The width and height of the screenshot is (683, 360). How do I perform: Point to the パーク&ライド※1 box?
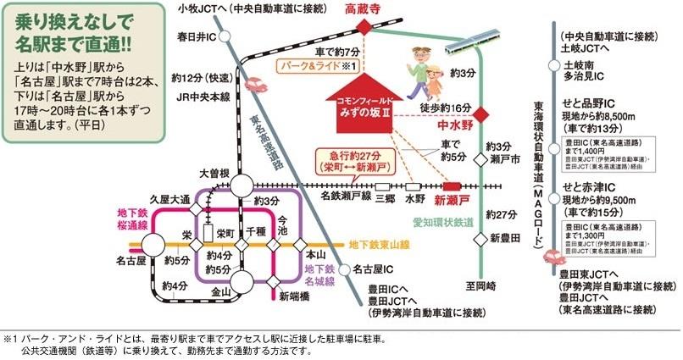(323, 64)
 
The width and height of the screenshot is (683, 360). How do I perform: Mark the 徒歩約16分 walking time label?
(445, 108)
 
